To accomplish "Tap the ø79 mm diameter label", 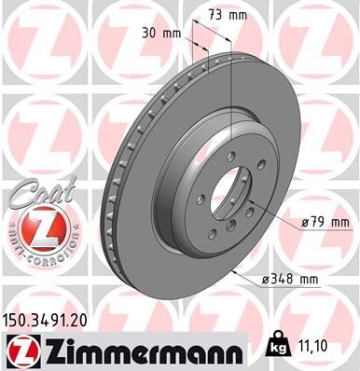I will click(325, 221).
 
